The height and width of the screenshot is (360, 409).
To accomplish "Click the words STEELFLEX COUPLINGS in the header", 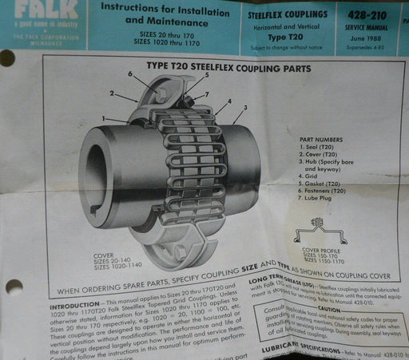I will click(291, 14).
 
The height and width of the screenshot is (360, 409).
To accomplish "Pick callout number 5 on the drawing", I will click(206, 75).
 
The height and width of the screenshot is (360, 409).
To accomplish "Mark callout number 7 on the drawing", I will click(207, 95).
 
